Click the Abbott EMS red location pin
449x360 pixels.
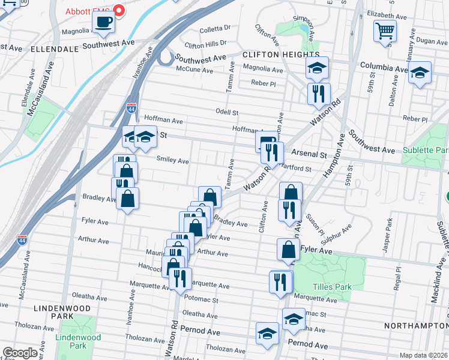118,10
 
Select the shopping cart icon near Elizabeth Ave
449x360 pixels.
384,31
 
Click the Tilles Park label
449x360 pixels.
335,287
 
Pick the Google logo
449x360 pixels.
20,353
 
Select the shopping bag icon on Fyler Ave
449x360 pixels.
288,250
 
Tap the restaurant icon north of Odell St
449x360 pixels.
318,93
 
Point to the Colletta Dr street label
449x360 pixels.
215,28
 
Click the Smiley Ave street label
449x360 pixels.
172,161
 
